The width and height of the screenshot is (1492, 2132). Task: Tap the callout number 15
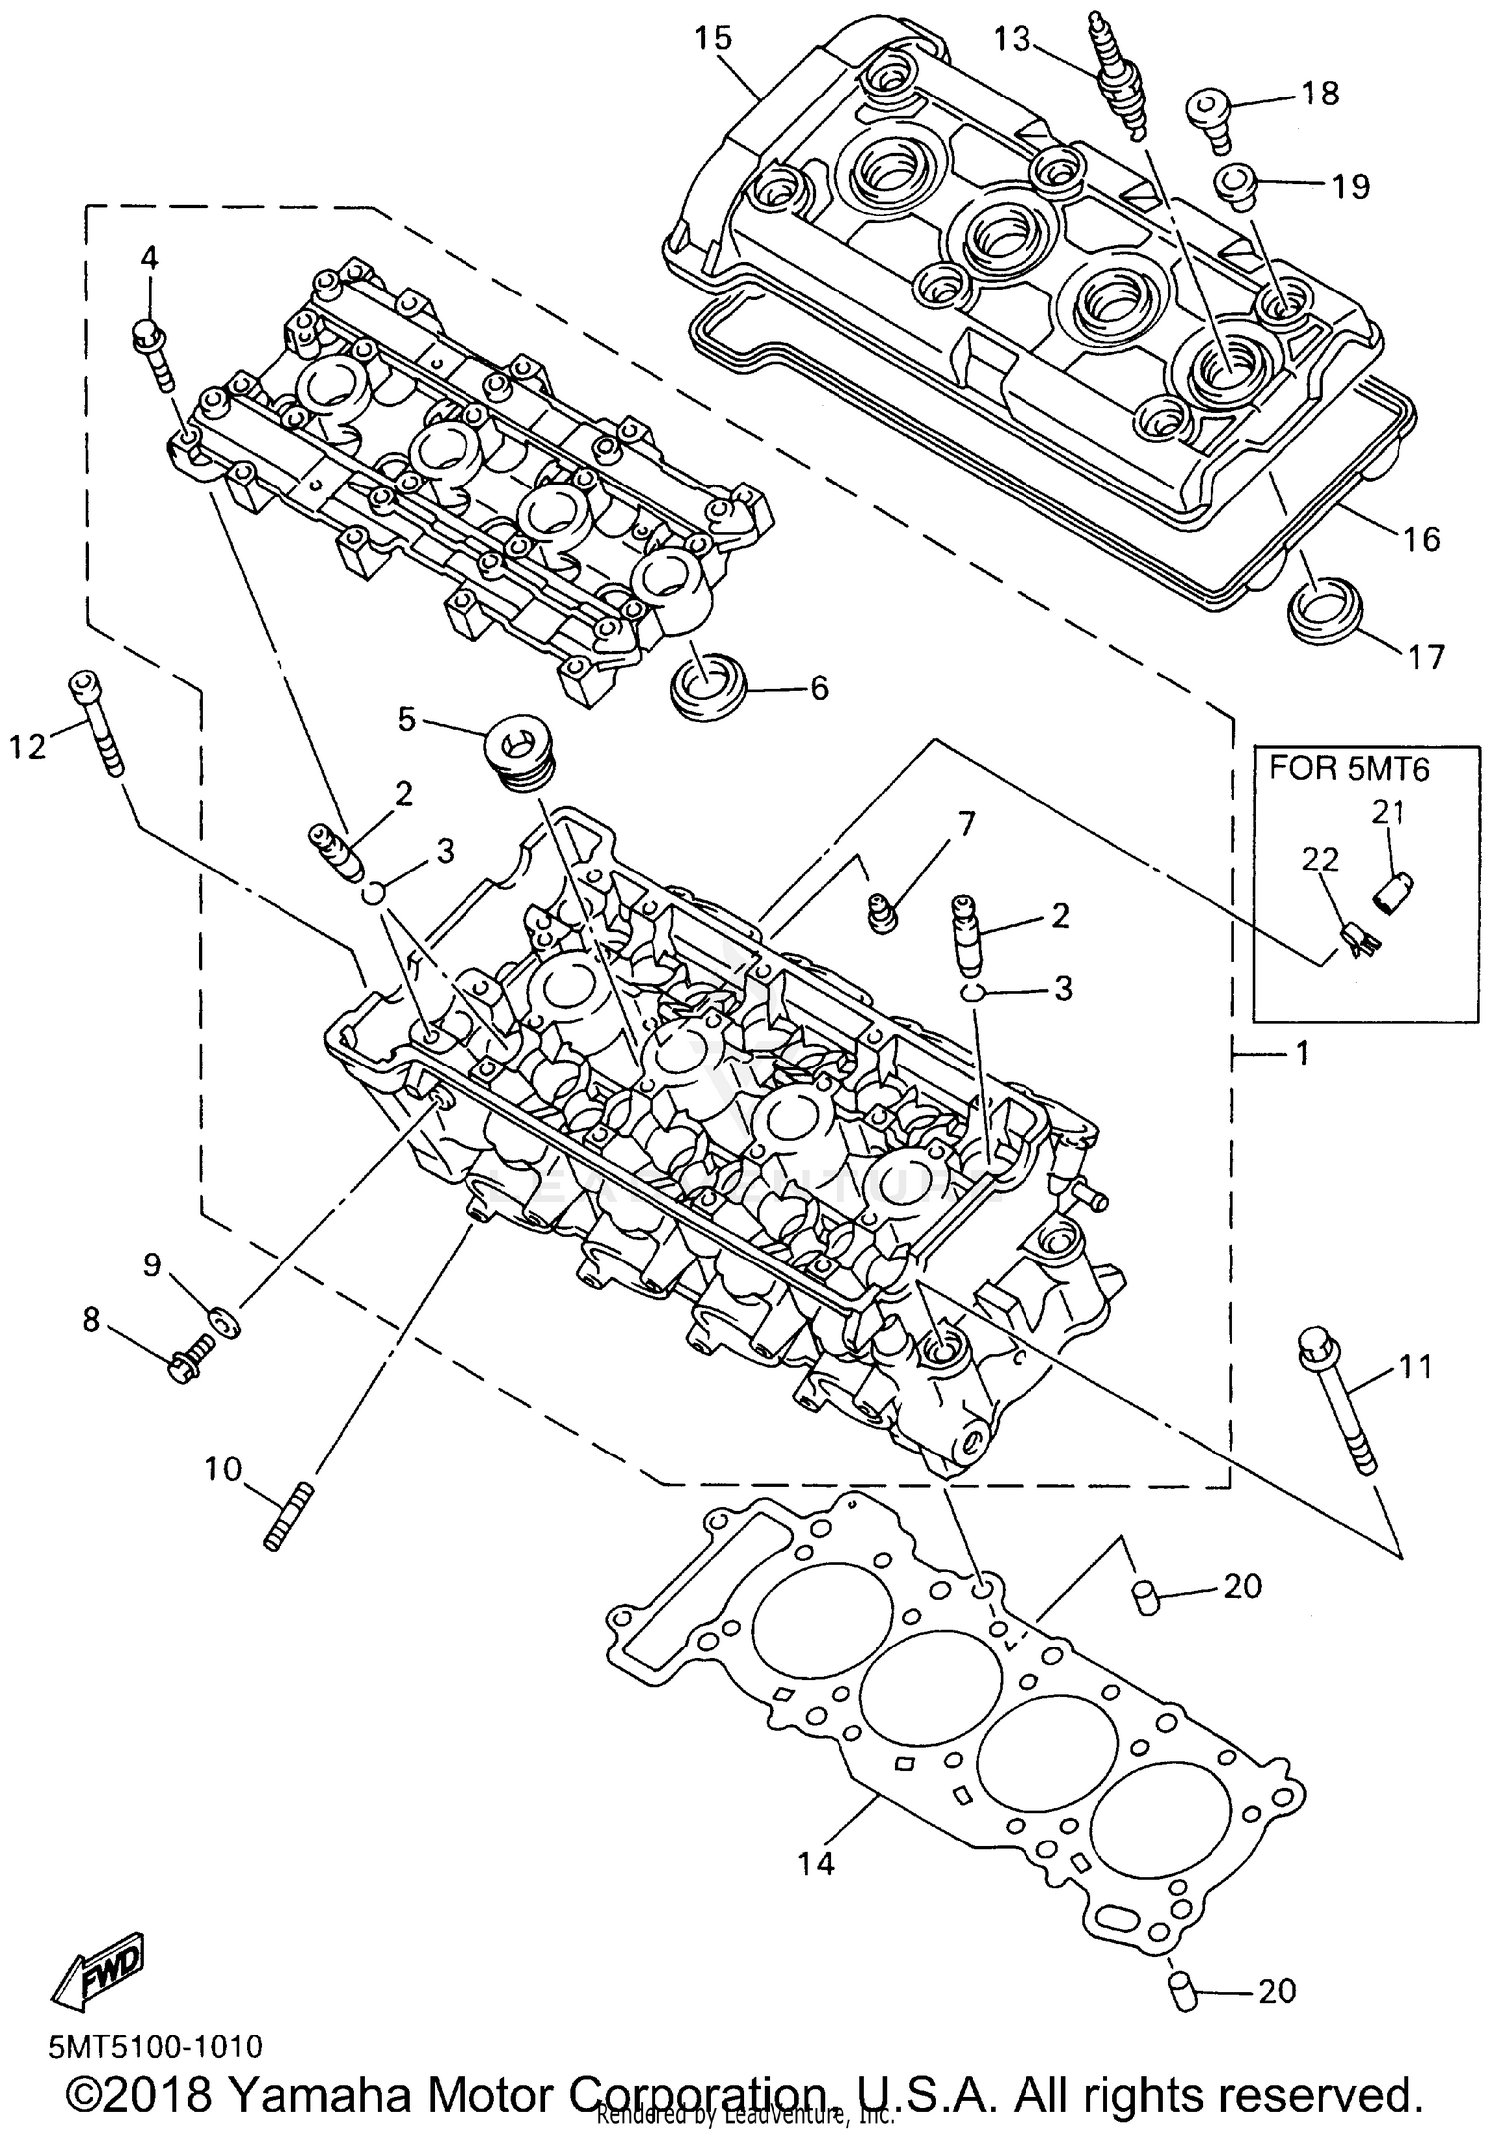[x=713, y=38]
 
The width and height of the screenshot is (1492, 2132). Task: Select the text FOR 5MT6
[x=1349, y=770]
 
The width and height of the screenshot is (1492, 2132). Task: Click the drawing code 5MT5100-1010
[x=155, y=2046]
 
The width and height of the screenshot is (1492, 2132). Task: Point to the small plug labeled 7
[x=881, y=911]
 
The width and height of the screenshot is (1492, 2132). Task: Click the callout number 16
[x=1422, y=539]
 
